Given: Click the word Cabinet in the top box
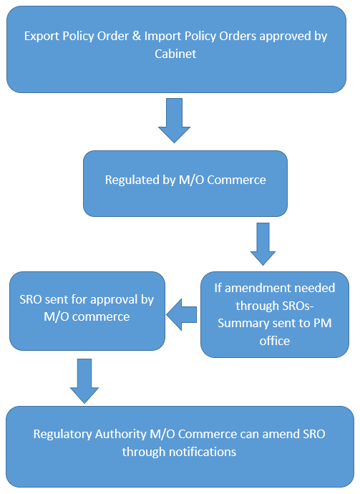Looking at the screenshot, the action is click(175, 54).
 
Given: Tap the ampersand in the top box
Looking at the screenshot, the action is click(137, 36).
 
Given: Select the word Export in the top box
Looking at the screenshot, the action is click(42, 37).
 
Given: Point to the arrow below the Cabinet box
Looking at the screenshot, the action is click(174, 120).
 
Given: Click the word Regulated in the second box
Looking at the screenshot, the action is click(132, 180).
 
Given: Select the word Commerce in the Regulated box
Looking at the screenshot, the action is click(236, 180).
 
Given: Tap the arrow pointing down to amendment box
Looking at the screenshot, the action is click(263, 244).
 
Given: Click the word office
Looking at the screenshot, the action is click(275, 341).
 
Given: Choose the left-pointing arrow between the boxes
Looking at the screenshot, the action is click(181, 315).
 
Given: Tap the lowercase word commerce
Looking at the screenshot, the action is click(101, 317).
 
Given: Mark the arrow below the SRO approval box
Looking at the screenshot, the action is click(84, 381).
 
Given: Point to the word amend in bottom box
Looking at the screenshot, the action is click(281, 434).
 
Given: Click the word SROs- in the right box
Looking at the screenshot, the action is click(294, 306).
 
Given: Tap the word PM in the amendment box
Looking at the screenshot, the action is click(322, 324).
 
